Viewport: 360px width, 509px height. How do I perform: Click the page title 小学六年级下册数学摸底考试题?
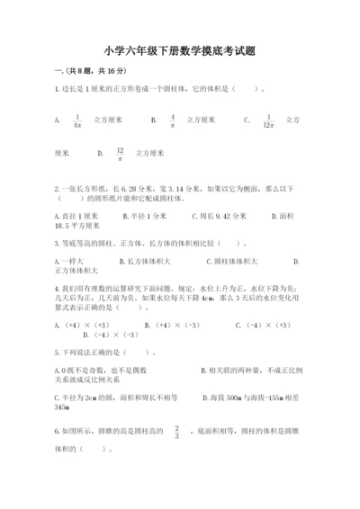(x=179, y=51)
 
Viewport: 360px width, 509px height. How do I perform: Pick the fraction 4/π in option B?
(x=172, y=121)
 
